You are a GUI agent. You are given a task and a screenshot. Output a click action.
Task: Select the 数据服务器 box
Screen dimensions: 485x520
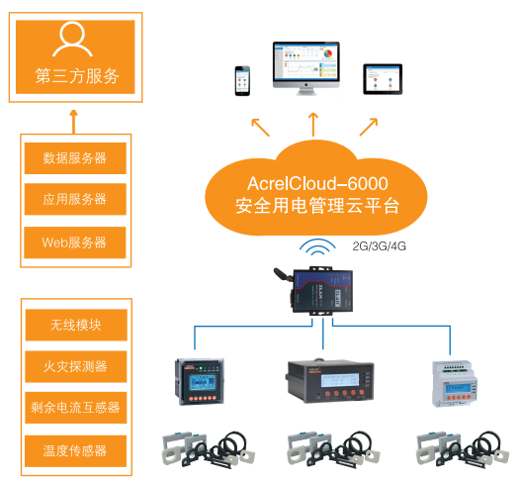(x=75, y=157)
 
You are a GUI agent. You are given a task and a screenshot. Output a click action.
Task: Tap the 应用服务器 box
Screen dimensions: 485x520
(x=75, y=199)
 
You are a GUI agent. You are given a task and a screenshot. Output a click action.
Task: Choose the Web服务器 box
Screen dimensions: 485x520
(x=75, y=242)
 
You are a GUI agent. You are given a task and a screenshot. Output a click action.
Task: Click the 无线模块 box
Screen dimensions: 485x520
(x=75, y=324)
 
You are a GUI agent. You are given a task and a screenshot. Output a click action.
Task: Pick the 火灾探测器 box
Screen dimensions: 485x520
(x=75, y=365)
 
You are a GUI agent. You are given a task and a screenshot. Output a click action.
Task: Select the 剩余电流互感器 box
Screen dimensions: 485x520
(x=75, y=407)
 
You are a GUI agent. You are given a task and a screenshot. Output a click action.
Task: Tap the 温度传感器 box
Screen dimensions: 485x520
(x=75, y=449)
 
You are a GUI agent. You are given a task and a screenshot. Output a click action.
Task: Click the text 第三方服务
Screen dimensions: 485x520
(x=75, y=76)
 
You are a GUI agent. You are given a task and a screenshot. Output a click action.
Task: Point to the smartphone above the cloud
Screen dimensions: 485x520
(x=241, y=81)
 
